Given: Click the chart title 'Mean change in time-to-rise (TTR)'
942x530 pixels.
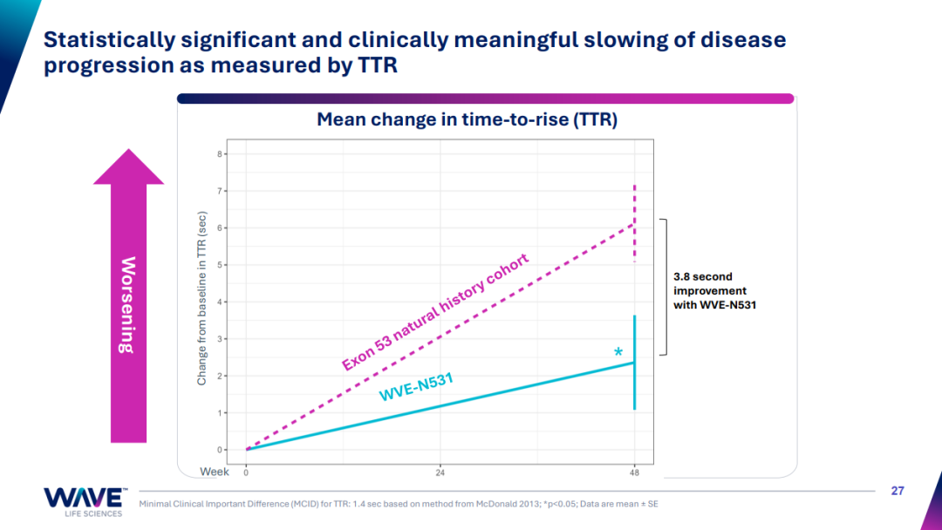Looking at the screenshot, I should (467, 119).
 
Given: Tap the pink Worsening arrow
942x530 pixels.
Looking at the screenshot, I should (128, 296).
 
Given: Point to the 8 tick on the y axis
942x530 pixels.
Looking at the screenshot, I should (222, 154).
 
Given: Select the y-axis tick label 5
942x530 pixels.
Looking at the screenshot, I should (222, 265).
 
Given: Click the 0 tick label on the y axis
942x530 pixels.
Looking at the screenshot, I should (222, 450).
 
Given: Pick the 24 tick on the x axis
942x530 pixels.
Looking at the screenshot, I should (440, 472).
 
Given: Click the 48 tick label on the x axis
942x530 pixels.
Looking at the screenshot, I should (634, 472).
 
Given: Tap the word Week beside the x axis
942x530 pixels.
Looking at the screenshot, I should (215, 472).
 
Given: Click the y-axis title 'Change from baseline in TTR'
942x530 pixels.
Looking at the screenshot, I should (202, 297).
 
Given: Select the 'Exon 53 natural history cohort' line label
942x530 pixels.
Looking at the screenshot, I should (435, 312).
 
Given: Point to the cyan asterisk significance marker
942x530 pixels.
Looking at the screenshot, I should (618, 353).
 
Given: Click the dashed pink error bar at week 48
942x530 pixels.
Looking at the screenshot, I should (635, 223).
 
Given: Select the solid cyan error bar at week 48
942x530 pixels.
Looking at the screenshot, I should (635, 362).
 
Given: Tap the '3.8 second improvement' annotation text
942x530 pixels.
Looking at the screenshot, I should (710, 290).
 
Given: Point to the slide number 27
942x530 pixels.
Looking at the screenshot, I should (898, 491).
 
